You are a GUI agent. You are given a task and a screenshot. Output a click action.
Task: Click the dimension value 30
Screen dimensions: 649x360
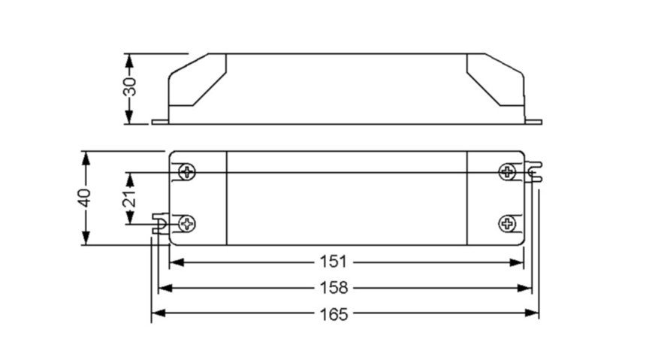(130, 86)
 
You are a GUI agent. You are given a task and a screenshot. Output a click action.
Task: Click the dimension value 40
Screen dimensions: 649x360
(86, 198)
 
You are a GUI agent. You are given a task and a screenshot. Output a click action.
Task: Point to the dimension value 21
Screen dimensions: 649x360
(130, 198)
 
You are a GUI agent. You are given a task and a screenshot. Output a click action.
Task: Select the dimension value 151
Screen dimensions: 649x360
(334, 262)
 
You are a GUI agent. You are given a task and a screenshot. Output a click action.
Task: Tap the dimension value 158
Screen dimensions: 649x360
(334, 288)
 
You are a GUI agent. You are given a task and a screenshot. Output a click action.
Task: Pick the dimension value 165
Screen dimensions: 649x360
(334, 314)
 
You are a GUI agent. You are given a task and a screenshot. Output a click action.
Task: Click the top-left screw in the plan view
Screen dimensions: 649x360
(187, 171)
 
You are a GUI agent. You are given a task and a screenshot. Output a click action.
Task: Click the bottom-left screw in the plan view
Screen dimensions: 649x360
(187, 224)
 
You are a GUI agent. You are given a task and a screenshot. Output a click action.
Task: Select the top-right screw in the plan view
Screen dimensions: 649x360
(507, 171)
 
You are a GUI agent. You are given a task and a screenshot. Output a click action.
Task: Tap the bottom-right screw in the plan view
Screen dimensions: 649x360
(507, 224)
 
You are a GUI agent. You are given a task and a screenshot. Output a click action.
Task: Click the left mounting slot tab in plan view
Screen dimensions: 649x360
(161, 223)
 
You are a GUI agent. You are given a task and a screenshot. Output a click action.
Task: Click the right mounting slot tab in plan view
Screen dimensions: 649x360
(533, 172)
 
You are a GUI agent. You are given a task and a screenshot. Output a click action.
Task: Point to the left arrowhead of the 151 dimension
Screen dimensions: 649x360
(177, 262)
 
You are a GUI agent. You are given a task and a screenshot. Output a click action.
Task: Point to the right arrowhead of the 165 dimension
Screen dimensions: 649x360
(532, 313)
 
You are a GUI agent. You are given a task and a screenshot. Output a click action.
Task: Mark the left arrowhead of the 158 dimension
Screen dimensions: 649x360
(165, 288)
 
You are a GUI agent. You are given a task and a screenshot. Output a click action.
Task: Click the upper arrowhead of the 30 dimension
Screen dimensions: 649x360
(129, 61)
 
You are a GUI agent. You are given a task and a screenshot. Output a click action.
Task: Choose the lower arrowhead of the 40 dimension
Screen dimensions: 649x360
(86, 237)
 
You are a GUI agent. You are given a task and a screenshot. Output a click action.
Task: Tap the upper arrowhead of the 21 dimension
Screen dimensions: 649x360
(130, 180)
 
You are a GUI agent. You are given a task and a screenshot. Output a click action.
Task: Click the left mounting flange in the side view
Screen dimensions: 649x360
(160, 122)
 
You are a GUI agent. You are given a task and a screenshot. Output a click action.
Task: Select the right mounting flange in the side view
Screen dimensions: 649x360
(533, 122)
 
